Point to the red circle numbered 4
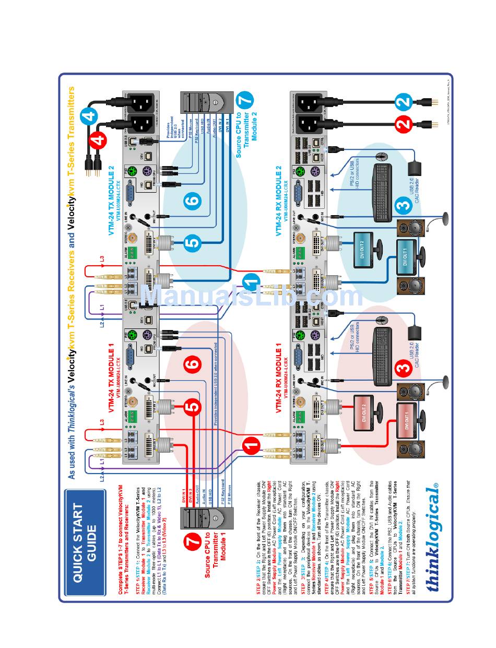[x=98, y=140]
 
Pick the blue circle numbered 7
[x=245, y=101]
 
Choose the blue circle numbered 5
[x=192, y=242]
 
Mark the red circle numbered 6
[x=193, y=364]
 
